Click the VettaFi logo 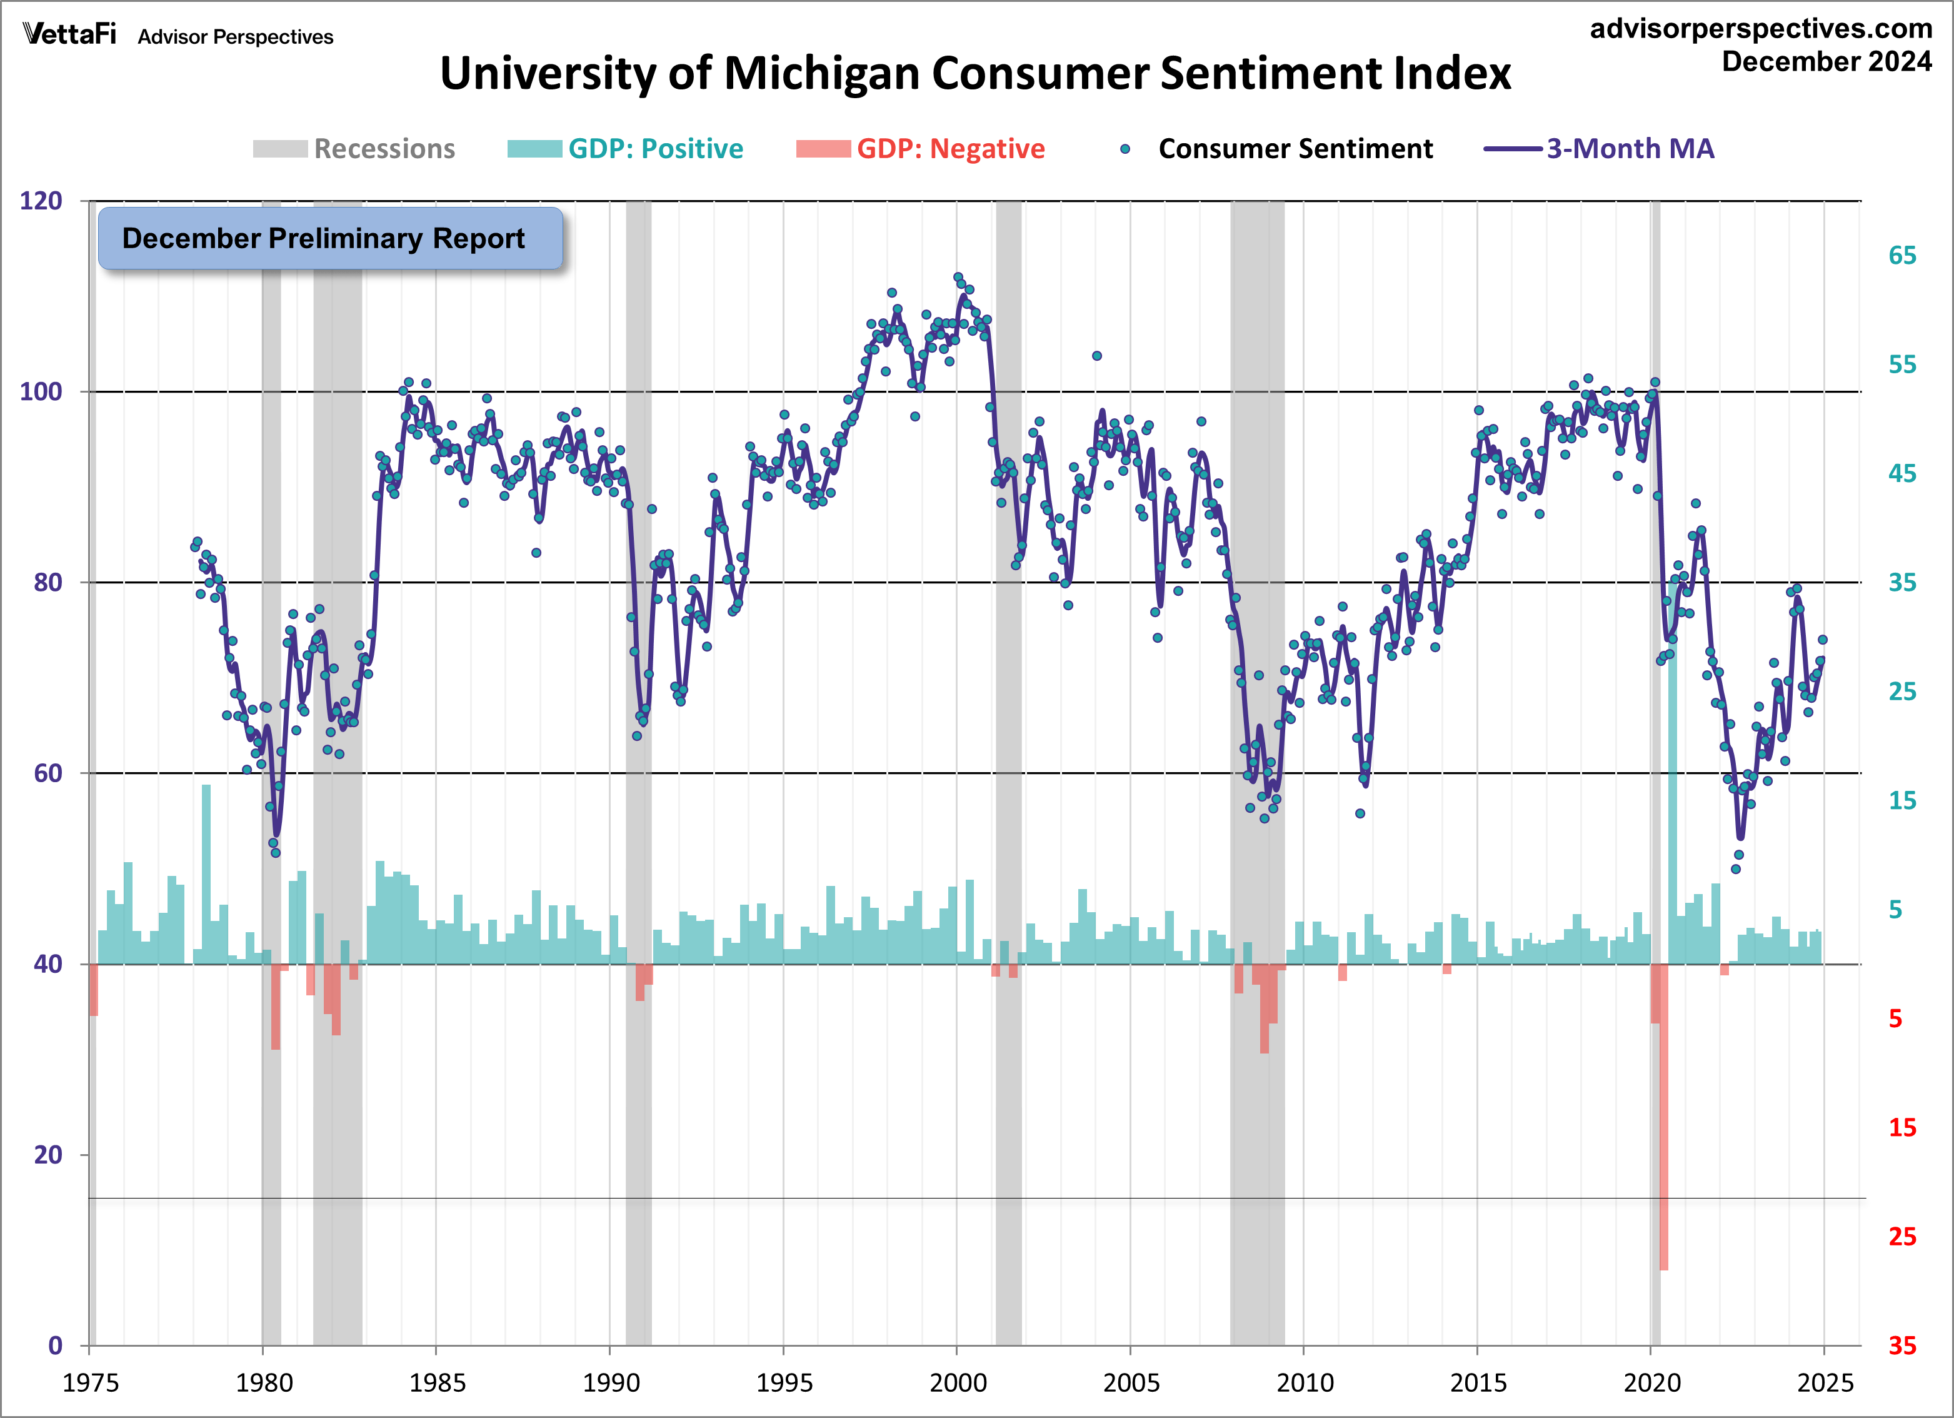[69, 34]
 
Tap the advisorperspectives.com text [1761, 28]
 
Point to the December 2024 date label [1826, 62]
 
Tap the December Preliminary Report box [330, 238]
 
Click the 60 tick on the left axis [48, 773]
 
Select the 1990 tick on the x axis [610, 1382]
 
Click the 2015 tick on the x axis [1478, 1382]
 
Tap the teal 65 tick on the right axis [1901, 255]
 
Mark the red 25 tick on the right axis [1901, 1236]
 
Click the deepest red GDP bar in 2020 [1664, 1120]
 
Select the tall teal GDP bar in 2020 [1673, 776]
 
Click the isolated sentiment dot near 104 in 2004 [1097, 356]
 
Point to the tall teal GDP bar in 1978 [206, 871]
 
